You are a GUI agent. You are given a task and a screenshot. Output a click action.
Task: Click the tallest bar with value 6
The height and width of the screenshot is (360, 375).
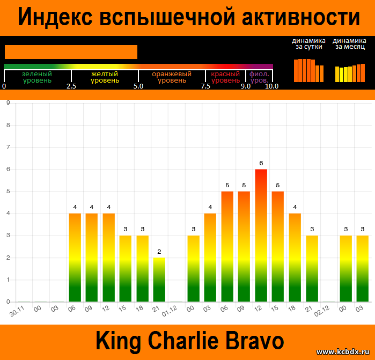261,236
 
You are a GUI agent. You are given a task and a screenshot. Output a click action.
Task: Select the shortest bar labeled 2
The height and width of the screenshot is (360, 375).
159,280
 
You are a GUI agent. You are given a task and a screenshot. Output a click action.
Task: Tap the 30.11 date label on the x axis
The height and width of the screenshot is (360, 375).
17,311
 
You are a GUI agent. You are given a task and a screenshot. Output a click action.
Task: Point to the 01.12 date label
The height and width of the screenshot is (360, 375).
170,311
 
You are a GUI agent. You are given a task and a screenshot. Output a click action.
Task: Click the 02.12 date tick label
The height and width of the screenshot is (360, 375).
322,311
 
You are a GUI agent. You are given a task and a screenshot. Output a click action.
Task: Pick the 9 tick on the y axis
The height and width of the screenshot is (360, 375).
8,102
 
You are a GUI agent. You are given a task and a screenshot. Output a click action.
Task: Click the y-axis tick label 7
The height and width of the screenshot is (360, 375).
8,147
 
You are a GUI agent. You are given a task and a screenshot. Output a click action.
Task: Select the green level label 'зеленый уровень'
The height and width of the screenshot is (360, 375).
37,77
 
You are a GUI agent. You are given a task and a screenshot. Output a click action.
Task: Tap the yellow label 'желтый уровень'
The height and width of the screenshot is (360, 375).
105,77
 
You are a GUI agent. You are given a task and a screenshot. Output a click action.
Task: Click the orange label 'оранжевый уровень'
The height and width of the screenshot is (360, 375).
172,77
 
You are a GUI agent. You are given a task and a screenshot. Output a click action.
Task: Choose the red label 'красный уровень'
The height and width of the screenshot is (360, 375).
225,77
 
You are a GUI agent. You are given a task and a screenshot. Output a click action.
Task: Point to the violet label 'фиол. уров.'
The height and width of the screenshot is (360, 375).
259,77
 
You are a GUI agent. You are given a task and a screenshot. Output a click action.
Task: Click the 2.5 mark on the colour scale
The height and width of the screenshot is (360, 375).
71,86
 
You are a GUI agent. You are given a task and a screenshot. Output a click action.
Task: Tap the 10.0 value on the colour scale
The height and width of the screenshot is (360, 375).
271,86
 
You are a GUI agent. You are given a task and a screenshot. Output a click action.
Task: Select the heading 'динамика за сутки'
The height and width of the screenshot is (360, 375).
308,43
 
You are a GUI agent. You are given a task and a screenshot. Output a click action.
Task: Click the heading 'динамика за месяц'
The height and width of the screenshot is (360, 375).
349,43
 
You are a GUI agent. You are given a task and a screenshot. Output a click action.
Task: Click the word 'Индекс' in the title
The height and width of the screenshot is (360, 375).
55,17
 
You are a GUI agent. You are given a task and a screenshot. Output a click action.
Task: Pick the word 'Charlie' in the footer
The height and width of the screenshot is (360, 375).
183,341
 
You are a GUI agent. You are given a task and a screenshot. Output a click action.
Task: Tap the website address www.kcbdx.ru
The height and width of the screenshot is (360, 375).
343,351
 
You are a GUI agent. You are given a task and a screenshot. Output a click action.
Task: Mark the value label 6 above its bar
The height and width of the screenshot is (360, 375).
261,163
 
